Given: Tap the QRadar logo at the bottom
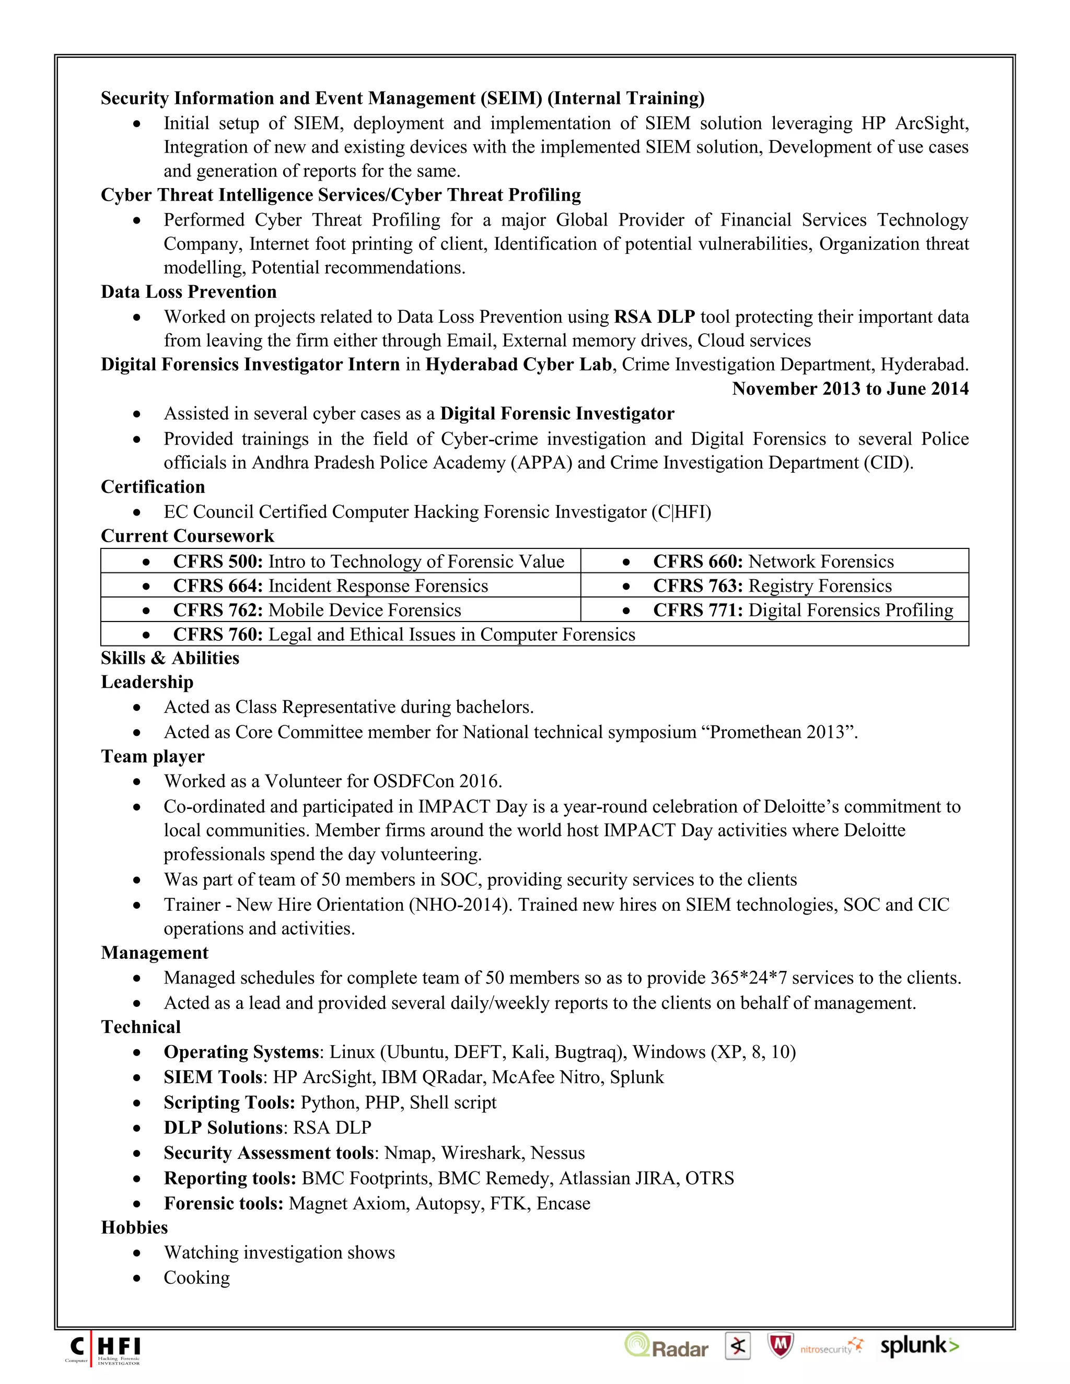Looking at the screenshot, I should (x=666, y=1346).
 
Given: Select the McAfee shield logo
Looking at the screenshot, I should (x=781, y=1346).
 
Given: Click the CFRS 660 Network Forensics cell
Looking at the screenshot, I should (x=773, y=561).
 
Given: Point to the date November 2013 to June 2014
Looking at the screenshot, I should (x=850, y=389).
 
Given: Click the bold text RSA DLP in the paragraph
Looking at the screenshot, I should (x=654, y=317).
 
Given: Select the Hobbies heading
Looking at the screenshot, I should (x=134, y=1227).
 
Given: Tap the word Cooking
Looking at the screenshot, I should (x=196, y=1277).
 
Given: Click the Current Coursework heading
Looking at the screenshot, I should (x=187, y=536).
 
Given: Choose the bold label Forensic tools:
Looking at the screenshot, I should (x=223, y=1203).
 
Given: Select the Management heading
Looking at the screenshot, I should (x=155, y=953).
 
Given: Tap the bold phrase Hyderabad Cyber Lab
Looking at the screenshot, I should (x=518, y=365).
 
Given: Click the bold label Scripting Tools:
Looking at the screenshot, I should (x=229, y=1102).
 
